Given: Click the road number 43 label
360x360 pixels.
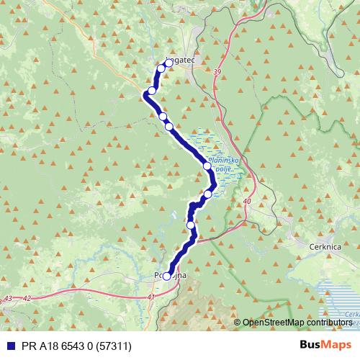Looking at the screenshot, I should [9, 297].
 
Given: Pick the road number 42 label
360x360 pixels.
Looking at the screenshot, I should [28, 297].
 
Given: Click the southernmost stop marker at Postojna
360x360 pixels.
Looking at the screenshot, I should [167, 276].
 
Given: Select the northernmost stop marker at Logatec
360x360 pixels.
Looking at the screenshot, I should [169, 63].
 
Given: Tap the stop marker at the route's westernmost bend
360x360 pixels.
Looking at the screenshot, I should [151, 91].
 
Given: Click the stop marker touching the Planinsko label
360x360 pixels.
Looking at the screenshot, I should [207, 166].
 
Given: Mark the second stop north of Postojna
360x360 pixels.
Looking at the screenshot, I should [208, 194].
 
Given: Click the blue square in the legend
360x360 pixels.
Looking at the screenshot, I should [7, 345].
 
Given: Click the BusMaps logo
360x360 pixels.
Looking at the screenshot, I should [326, 344].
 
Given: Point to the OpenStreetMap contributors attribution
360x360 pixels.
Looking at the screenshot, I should [297, 323].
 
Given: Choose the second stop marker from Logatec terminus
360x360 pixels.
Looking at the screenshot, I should [161, 68].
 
